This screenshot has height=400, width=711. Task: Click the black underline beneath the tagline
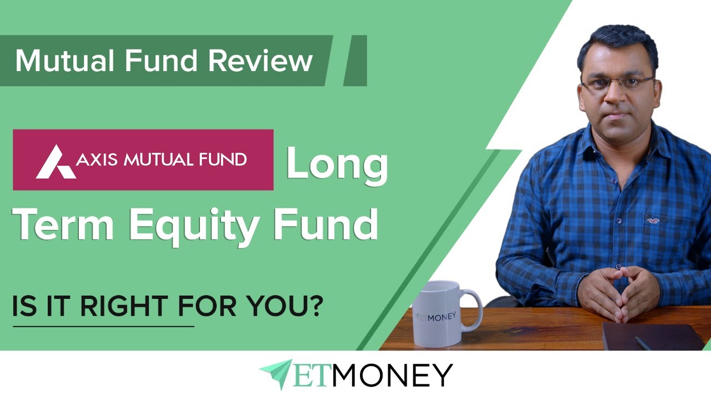pyautogui.click(x=103, y=326)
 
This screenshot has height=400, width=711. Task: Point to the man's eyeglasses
pyautogui.click(x=617, y=83)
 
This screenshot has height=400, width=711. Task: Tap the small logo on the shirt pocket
pyautogui.click(x=652, y=219)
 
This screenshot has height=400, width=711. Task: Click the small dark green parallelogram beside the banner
pyautogui.click(x=355, y=61)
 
